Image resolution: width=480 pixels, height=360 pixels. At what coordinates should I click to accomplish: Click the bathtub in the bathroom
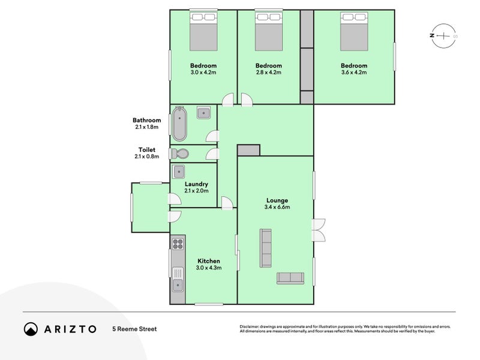click(179, 124)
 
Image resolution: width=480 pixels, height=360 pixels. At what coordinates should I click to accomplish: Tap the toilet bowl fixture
click(180, 154)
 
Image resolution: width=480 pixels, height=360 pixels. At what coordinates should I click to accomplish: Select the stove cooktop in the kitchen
click(178, 244)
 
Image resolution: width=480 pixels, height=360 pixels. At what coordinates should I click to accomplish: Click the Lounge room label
click(277, 200)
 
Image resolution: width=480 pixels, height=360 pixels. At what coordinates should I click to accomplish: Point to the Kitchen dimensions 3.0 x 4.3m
click(209, 268)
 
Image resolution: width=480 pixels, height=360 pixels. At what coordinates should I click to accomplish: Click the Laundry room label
click(196, 184)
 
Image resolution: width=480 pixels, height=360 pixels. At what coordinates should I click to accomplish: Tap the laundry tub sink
click(178, 172)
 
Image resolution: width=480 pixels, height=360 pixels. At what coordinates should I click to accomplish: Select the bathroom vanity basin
click(203, 113)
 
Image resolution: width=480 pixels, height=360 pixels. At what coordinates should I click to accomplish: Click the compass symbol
click(443, 36)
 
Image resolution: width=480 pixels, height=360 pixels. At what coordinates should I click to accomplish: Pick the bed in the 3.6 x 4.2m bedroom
click(354, 31)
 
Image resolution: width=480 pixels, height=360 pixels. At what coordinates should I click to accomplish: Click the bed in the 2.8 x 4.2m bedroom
click(269, 31)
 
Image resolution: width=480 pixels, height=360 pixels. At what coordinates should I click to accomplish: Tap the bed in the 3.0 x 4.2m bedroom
click(203, 31)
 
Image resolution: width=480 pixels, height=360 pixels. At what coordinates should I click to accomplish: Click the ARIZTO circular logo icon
click(31, 329)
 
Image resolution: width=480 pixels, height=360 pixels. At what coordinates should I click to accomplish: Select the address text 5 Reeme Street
click(134, 329)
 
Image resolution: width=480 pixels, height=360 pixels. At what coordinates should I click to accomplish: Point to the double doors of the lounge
click(319, 230)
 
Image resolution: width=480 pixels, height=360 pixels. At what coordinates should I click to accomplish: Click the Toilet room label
click(146, 149)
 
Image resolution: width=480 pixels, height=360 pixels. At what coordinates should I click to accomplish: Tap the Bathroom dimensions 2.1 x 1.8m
click(146, 127)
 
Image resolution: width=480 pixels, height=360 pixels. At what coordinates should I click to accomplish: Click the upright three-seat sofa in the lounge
click(266, 248)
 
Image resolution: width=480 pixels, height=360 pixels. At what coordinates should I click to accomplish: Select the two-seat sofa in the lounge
click(290, 278)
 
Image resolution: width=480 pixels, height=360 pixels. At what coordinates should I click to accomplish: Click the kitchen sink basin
click(178, 285)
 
